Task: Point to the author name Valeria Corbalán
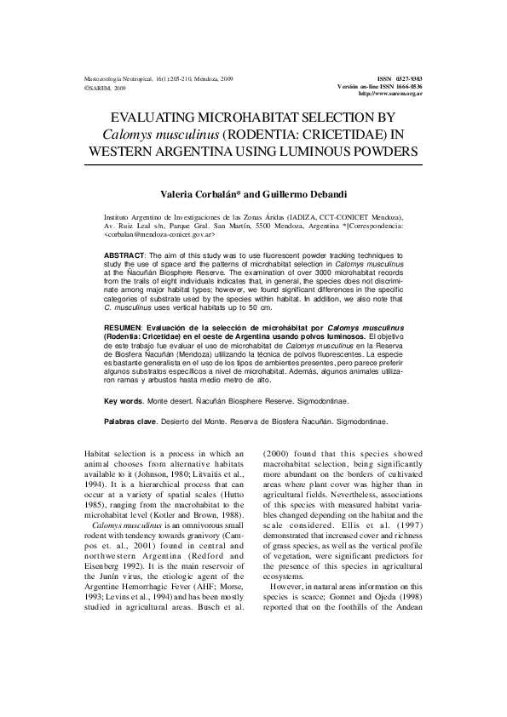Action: point(205,194)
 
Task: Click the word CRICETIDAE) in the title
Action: point(352,135)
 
